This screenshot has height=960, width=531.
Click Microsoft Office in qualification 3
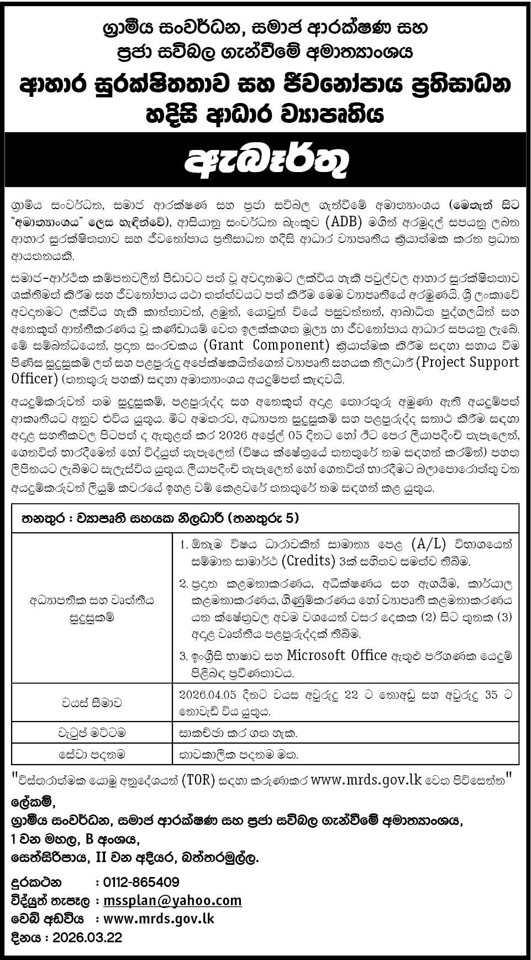point(337,656)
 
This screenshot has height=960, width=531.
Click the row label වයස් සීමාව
point(92,703)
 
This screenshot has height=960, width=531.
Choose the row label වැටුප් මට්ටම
point(92,733)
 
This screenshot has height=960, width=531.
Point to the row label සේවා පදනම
point(92,754)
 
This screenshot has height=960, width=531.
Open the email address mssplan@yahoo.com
point(173,900)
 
